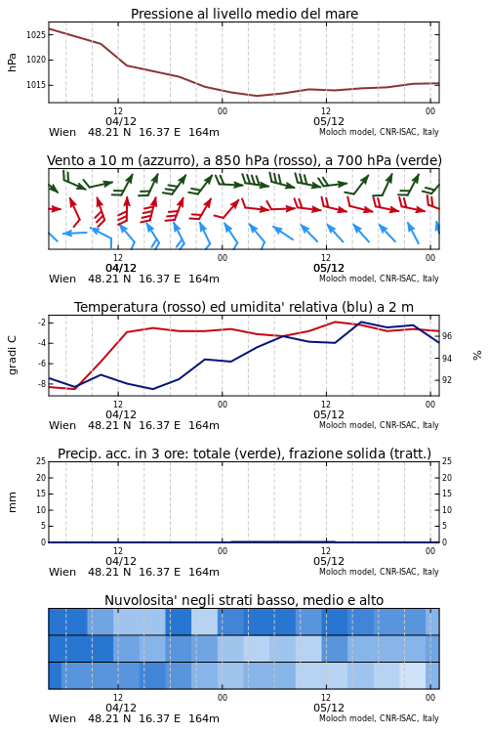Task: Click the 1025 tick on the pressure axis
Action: pos(35,34)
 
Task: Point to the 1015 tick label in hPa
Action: pos(35,85)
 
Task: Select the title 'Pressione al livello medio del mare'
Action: pos(244,14)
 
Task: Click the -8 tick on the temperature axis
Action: pos(40,384)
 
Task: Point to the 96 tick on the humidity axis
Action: pos(447,336)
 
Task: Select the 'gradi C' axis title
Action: pos(13,355)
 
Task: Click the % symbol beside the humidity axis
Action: pos(477,356)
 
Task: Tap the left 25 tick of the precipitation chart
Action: pos(41,461)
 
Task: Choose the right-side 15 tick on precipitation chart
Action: pos(447,494)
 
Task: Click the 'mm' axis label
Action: pos(13,502)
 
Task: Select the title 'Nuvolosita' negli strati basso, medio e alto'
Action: pos(244,600)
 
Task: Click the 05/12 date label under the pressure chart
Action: pos(329,121)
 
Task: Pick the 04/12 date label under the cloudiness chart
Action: pos(121,708)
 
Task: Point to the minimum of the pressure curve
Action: pos(257,96)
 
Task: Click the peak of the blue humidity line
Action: pos(360,323)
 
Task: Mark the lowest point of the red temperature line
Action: pos(75,388)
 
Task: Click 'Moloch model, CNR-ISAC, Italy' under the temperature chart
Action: pos(379,425)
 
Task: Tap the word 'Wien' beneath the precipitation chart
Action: pos(62,572)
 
